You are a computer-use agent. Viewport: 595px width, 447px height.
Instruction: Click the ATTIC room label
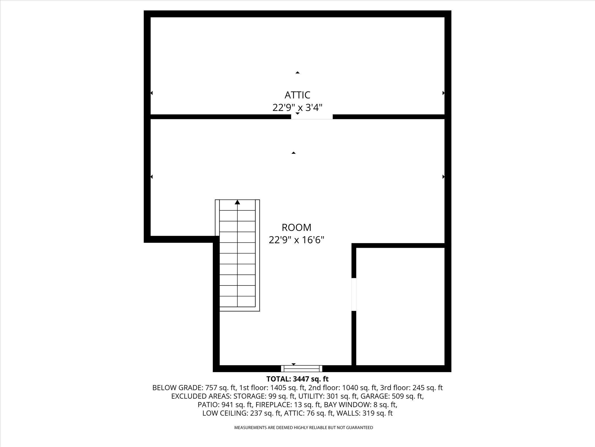(297, 95)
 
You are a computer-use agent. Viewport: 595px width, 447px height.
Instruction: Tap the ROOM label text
(296, 227)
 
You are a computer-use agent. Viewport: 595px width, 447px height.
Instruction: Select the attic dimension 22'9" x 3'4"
(297, 108)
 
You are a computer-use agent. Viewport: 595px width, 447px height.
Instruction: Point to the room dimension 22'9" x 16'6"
(296, 240)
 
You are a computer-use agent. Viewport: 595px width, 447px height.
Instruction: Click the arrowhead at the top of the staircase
(237, 202)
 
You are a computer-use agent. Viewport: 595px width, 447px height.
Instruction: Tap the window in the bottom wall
(301, 368)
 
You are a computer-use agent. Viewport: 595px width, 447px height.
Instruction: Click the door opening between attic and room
(312, 117)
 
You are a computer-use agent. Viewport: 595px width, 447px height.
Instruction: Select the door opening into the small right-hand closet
(354, 294)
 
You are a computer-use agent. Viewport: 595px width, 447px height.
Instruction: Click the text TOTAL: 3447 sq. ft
(297, 379)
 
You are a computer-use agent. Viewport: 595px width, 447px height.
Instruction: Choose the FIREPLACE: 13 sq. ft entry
(287, 404)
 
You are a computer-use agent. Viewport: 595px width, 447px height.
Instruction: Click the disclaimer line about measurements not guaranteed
(303, 427)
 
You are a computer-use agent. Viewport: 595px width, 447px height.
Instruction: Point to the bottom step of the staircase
(237, 301)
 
